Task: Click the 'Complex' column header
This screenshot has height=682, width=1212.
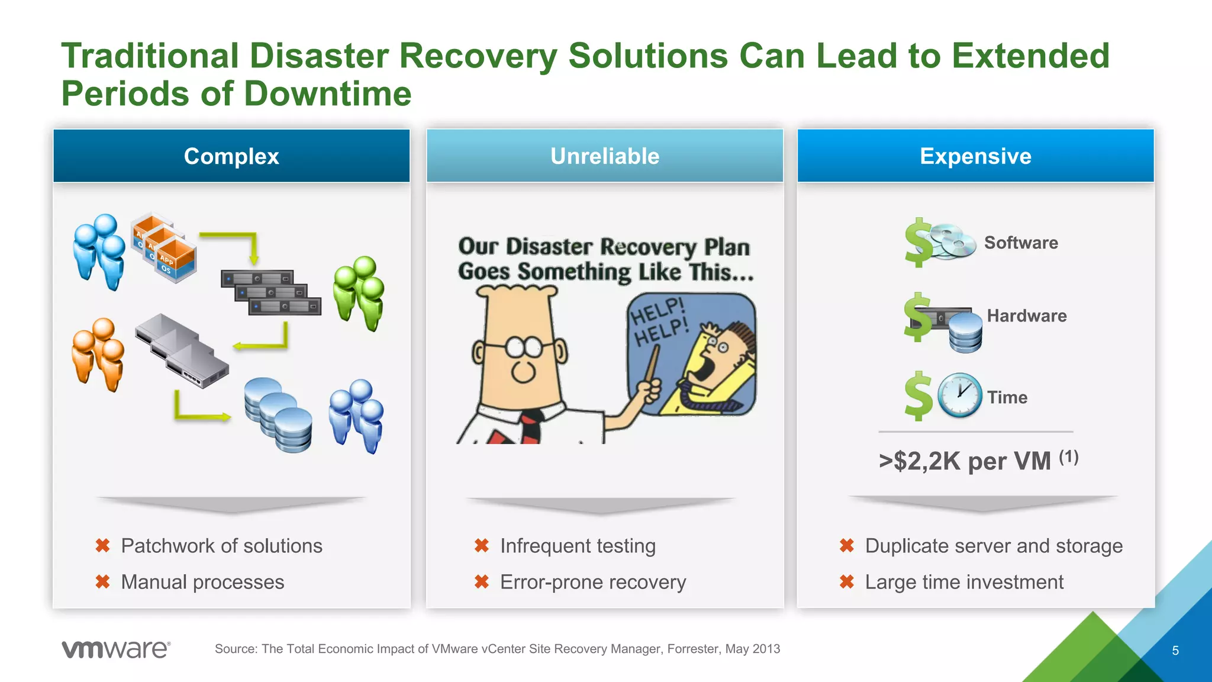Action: [231, 156]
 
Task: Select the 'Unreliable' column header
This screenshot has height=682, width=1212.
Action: [604, 156]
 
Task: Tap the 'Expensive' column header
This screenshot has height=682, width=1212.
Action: [975, 156]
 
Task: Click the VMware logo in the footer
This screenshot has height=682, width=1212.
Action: [116, 649]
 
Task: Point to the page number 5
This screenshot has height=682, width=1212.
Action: [1175, 651]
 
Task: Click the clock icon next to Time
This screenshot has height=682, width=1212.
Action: [959, 395]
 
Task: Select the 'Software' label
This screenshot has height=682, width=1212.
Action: [1021, 243]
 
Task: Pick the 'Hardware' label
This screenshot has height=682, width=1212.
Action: [1027, 316]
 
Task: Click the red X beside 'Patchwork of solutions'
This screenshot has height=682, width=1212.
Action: [103, 545]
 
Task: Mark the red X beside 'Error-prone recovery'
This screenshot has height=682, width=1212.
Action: [482, 582]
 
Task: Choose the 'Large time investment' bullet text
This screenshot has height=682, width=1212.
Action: [964, 582]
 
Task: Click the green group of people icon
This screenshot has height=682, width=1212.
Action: [359, 293]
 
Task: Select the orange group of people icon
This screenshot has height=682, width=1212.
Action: [98, 354]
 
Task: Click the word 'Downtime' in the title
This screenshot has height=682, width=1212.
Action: [327, 94]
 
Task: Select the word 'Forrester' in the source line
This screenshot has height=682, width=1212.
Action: [694, 649]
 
